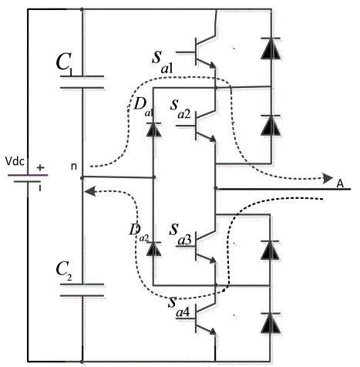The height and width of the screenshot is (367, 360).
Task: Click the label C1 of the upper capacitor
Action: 64,64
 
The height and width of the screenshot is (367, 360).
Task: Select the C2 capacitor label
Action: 64,271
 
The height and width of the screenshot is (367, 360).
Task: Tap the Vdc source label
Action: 15,161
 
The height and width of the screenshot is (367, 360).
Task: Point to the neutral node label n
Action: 74,167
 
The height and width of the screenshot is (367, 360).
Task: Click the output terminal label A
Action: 340,183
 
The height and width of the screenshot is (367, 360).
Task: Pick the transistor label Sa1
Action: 163,62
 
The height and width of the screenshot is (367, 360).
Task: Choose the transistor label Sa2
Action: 180,109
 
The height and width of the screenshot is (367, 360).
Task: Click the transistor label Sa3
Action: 180,234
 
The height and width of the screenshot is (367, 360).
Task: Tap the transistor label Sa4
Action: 179,307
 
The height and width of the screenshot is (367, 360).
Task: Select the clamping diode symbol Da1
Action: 153,130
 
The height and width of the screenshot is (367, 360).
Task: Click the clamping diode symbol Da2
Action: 153,249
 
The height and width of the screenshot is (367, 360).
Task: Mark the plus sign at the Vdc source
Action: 40,168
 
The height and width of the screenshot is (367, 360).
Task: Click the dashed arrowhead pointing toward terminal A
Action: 328,178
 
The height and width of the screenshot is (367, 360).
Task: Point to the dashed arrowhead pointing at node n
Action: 89,191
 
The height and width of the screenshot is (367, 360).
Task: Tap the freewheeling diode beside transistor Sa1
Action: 271,49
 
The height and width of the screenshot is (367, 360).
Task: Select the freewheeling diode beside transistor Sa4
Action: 271,323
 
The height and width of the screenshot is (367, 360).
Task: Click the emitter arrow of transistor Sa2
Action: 213,139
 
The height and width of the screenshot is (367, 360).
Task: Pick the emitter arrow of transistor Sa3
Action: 213,260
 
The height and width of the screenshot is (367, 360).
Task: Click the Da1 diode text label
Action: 143,106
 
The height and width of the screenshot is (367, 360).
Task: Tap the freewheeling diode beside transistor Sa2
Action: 271,126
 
